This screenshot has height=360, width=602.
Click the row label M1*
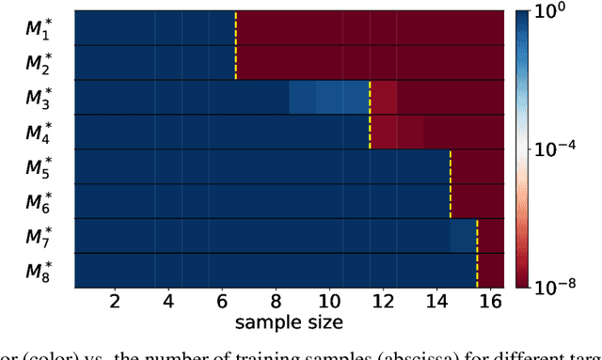point(39,28)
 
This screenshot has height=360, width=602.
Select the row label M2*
point(39,63)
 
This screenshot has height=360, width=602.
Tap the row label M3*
point(39,98)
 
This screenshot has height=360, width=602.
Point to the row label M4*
point(39,133)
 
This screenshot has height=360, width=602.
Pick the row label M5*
point(39,167)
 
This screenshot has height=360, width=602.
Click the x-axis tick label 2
point(115,302)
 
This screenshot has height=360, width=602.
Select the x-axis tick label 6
point(222,302)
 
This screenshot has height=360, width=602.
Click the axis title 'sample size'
point(289,322)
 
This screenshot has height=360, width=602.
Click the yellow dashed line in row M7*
point(477,236)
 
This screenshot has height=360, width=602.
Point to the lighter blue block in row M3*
point(328,97)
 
